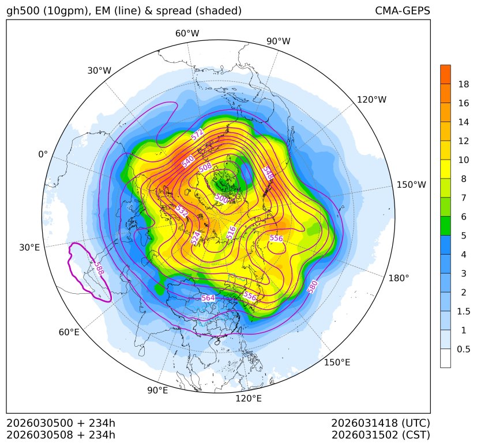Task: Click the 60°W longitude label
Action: point(187,33)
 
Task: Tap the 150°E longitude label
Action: point(337,362)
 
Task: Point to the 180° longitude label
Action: point(399,278)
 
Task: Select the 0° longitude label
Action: point(43,154)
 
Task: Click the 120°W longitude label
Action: point(371,100)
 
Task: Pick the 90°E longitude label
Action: point(157,391)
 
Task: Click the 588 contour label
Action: point(100,269)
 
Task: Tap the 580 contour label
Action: point(313,286)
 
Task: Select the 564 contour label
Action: point(208,298)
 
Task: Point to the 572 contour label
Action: point(197,135)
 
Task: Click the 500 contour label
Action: point(221,198)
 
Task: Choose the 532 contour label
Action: point(182,211)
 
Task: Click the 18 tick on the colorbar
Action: point(463,84)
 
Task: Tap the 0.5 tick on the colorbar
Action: point(463,349)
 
